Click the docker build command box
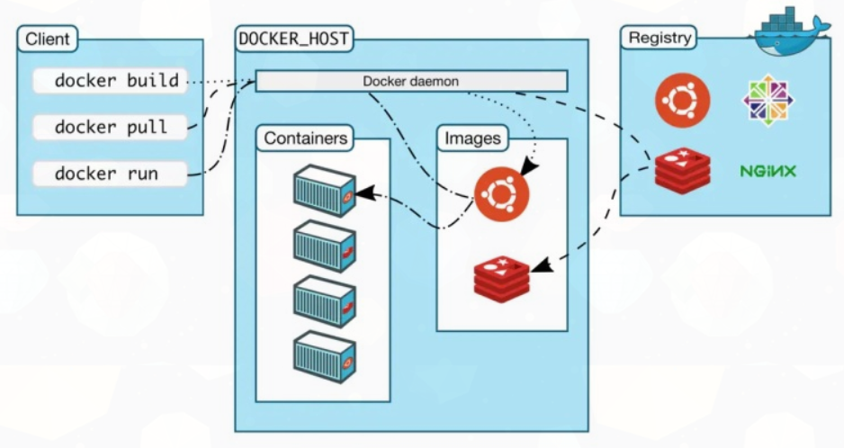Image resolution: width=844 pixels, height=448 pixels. coord(111,81)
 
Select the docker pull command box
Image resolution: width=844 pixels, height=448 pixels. coord(111,127)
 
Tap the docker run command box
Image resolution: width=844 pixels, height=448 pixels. coord(111,174)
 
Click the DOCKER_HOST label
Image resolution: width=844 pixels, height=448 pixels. coord(293,39)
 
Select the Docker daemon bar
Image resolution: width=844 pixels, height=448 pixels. coord(411,81)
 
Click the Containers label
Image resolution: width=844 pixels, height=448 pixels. coord(305,139)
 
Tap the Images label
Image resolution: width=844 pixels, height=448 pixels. coord(472,139)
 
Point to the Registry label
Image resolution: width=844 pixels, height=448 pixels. coord(660,38)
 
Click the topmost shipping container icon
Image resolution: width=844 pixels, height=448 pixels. coord(325,190)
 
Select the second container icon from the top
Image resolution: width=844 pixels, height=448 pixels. coord(325,246)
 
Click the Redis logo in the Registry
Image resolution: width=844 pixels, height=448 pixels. coord(682,169)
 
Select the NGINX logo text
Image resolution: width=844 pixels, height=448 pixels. coord(768,170)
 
